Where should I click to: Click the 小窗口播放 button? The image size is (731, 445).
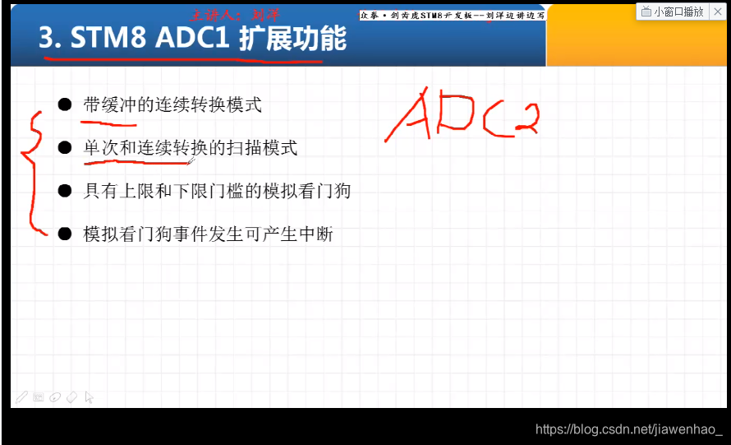[x=673, y=12]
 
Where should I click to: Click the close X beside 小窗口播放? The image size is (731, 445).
[x=720, y=12]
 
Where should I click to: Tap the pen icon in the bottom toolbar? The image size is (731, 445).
[x=21, y=397]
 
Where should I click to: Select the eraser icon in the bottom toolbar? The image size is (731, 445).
[x=71, y=397]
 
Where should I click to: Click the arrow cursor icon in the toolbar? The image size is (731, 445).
[x=89, y=397]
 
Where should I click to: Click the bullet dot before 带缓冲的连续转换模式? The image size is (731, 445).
[x=65, y=104]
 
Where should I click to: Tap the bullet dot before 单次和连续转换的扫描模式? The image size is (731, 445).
[x=65, y=148]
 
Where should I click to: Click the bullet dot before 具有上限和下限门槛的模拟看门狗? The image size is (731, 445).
[x=65, y=191]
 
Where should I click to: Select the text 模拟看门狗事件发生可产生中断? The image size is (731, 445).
[x=208, y=234]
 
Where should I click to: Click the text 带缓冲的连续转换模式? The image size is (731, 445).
[x=172, y=104]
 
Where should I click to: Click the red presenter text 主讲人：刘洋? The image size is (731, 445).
[x=234, y=14]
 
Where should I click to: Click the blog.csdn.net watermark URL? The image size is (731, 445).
[x=628, y=429]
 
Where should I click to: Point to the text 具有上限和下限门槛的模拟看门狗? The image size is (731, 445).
[x=217, y=191]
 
